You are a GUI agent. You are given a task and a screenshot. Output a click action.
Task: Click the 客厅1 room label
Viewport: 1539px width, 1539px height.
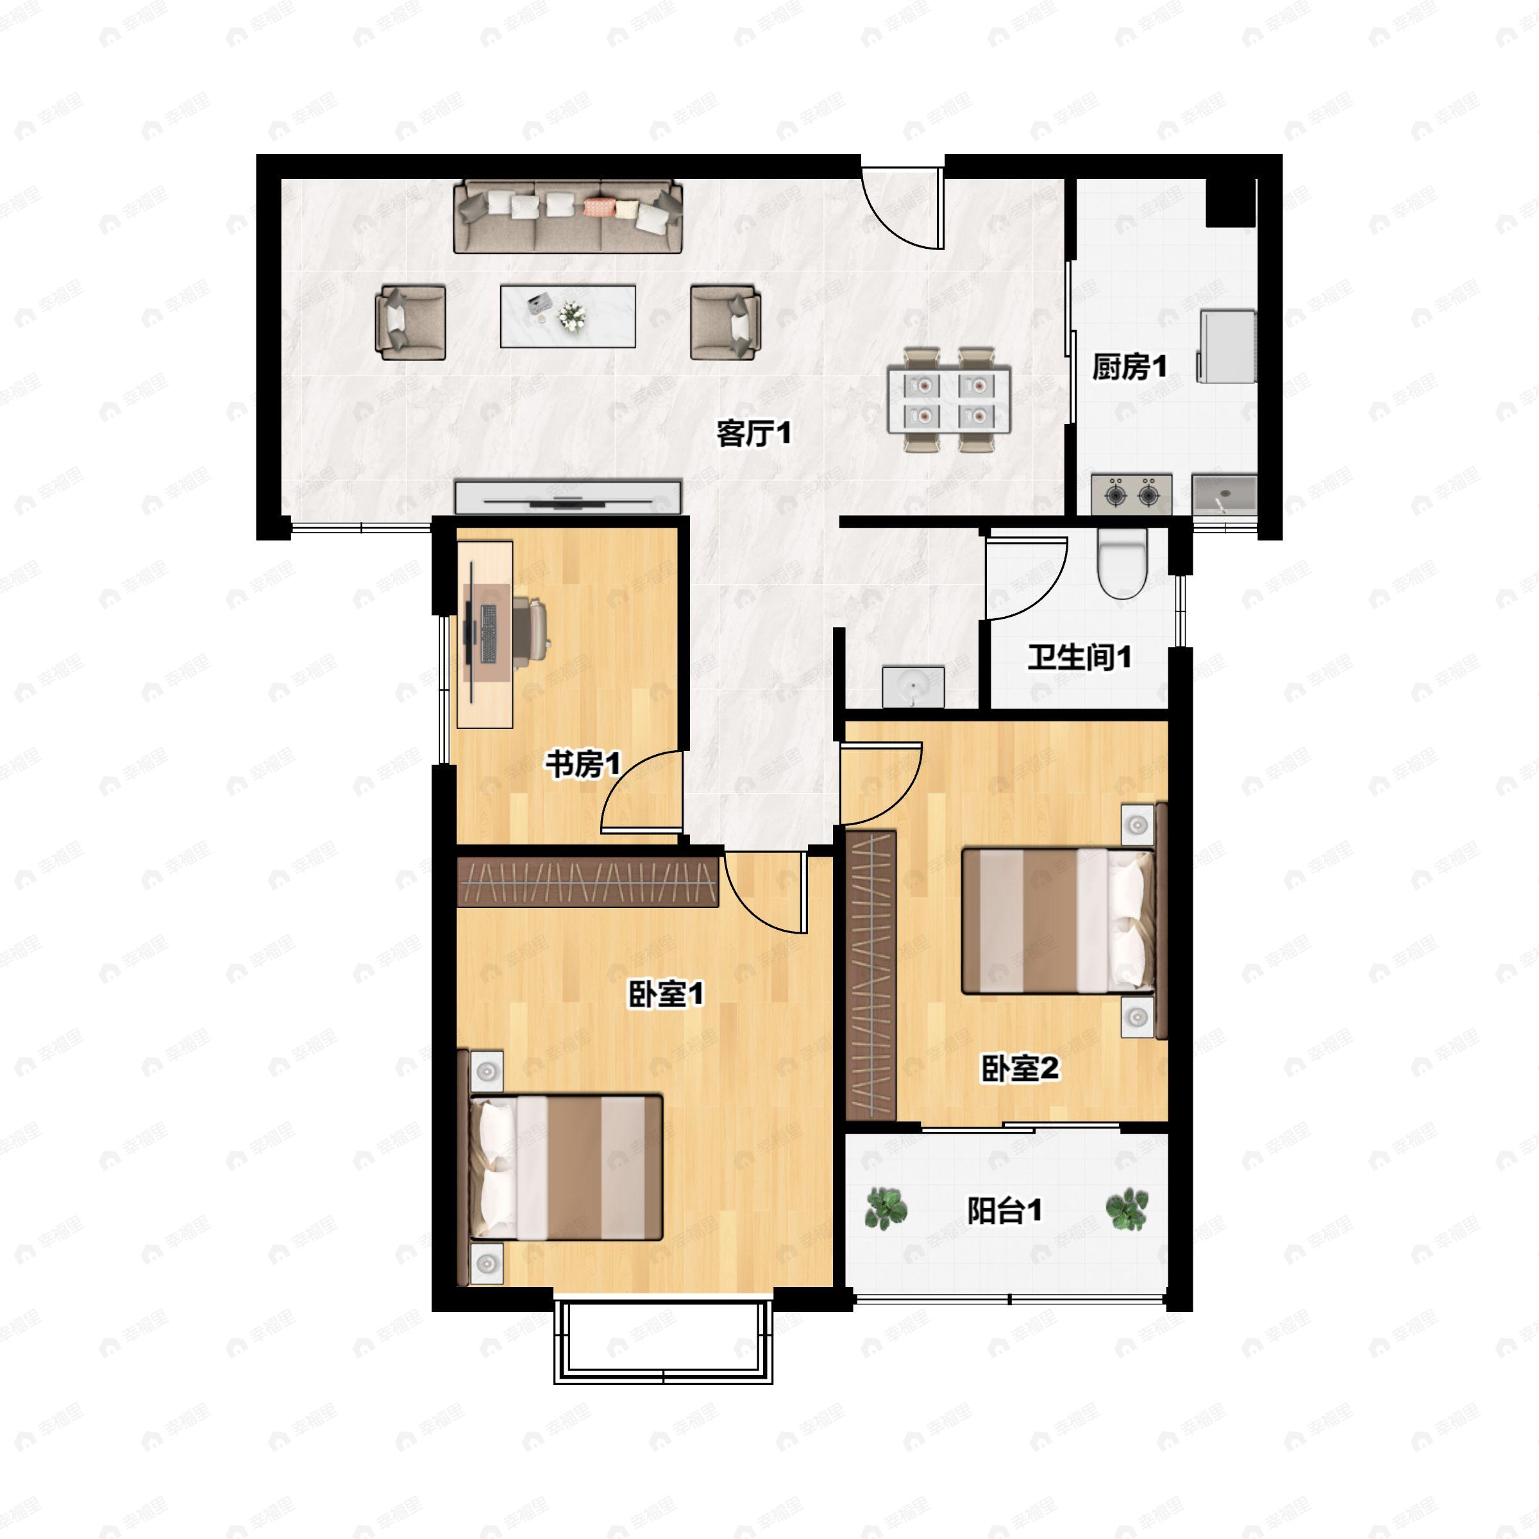(753, 434)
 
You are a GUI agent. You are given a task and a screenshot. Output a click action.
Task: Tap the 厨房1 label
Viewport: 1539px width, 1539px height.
(1129, 367)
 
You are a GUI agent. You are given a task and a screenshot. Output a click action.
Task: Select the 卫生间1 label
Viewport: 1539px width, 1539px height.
(1079, 658)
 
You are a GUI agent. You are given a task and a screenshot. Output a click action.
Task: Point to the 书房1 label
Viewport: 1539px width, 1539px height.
(582, 765)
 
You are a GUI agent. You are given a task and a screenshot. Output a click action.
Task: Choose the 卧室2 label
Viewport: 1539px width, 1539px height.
(1020, 1069)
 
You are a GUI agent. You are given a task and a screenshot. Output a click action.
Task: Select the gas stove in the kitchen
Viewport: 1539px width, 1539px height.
(1131, 494)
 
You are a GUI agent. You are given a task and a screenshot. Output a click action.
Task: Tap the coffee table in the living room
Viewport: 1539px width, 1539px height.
(567, 316)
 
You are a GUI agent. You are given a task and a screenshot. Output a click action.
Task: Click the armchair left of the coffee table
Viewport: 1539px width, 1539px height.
(410, 323)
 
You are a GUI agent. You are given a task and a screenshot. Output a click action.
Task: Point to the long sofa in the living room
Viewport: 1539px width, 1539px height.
(568, 217)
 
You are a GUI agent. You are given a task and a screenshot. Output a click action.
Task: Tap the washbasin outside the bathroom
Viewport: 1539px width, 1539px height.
(913, 687)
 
